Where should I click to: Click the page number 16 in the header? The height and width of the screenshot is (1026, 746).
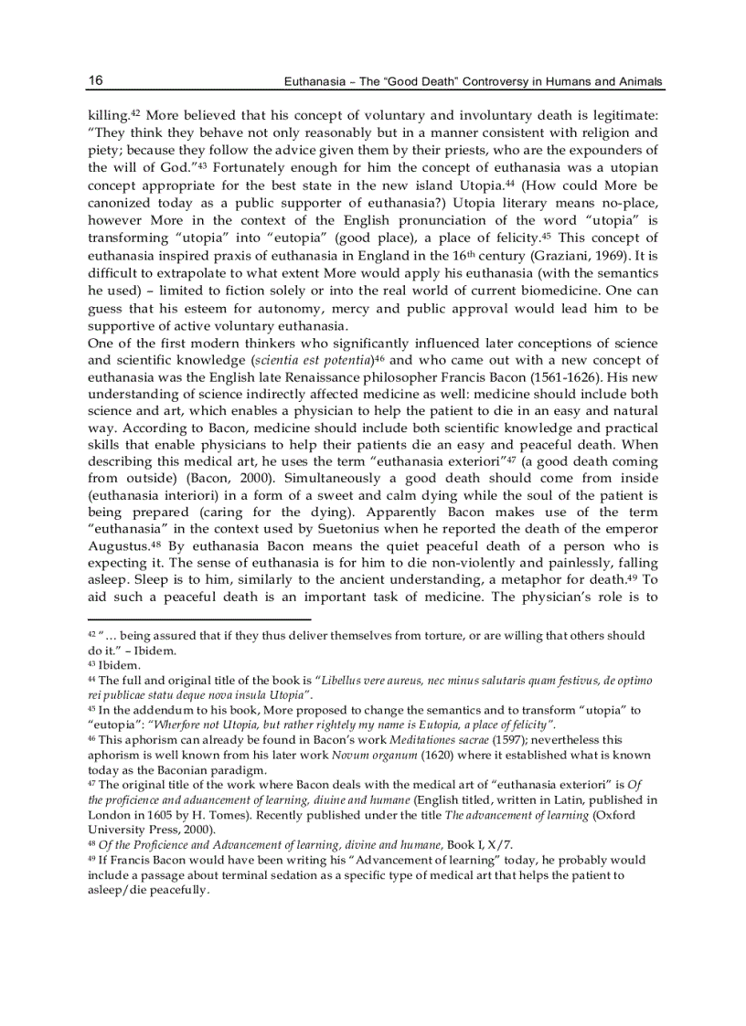[x=95, y=80]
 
